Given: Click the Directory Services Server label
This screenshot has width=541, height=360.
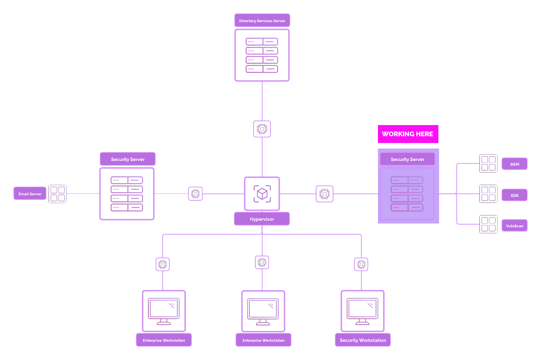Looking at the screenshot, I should point(262,21).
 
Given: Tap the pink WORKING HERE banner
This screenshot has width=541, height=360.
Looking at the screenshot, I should point(408,134).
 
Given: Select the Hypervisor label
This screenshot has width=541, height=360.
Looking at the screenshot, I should point(262,219).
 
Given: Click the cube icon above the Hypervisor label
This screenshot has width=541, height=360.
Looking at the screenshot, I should point(262,194).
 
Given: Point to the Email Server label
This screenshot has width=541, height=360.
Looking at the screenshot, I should point(30,194).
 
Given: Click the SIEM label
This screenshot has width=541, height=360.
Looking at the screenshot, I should point(514,164).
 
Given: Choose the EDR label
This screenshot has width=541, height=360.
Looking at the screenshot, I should point(514,195).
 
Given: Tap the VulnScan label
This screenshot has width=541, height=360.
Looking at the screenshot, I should point(514,226).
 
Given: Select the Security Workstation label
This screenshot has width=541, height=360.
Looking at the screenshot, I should point(363,340).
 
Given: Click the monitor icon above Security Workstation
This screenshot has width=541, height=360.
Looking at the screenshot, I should point(362,311).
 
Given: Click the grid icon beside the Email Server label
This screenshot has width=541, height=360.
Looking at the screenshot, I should point(58,194).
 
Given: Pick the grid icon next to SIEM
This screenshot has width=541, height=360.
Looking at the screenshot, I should point(488,163).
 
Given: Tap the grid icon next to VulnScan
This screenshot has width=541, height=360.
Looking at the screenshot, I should point(488,224).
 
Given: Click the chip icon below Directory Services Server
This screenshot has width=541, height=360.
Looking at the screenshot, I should point(262,129).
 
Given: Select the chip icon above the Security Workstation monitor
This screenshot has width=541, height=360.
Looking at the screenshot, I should point(361,264).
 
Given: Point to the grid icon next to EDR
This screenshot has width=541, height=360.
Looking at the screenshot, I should point(488,194).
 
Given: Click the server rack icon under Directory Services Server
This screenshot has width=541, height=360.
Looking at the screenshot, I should point(262,55).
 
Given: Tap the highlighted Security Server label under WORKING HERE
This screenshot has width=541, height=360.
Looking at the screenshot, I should point(407,159).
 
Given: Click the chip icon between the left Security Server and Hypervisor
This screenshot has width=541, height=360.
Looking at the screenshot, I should point(196,194).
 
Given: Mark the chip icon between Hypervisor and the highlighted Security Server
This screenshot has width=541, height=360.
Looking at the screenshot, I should point(325,194).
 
